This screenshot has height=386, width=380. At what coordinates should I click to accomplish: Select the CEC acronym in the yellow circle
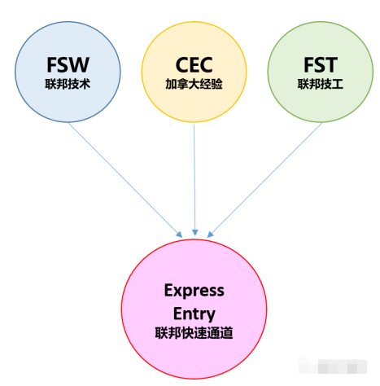coord(194,65)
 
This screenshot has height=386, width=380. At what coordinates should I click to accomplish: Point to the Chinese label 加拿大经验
coord(194,84)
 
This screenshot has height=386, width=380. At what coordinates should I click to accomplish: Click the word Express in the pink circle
coord(194,291)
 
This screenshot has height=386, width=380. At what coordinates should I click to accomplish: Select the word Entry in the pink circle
coord(194,312)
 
